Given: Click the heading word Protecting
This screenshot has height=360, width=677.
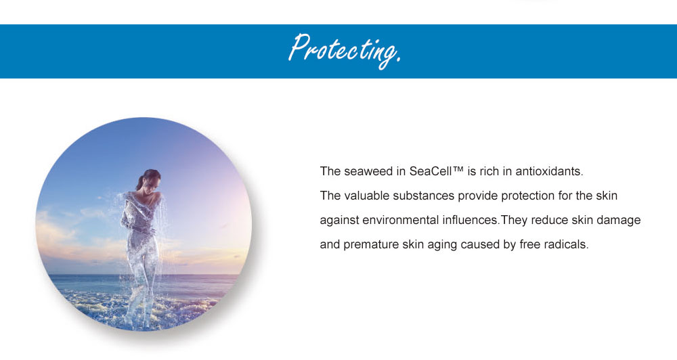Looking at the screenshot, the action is click(345, 51).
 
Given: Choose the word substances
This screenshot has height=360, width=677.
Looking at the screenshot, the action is click(424, 196).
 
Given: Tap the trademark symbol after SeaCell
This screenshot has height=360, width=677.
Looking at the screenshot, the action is click(458, 168).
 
